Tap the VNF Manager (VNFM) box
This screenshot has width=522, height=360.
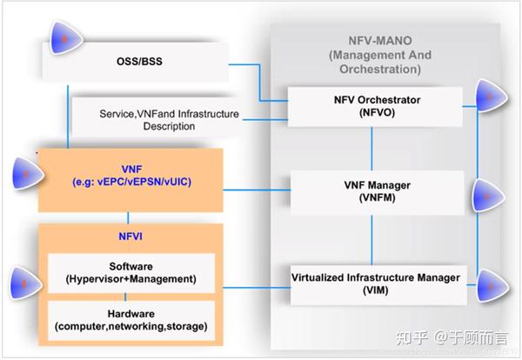pos(371,191)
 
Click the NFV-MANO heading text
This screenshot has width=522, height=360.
pos(374,40)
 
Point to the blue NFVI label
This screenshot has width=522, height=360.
pos(129,234)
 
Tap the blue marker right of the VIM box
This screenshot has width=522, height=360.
pos(492,283)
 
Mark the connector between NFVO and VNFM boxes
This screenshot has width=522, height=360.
pos(371,147)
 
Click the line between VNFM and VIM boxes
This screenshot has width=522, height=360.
pos(371,237)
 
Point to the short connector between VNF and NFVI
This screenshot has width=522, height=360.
pos(129,217)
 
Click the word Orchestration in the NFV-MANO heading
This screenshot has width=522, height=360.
pos(374,68)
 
